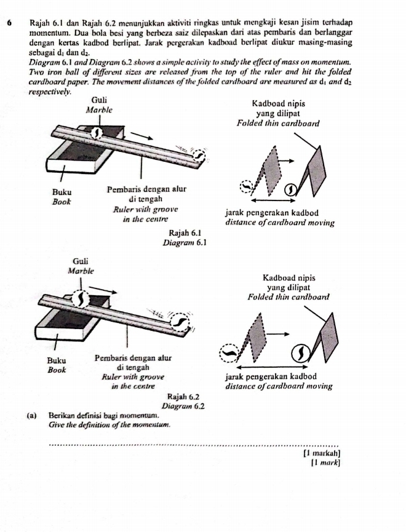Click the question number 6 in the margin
[13, 22]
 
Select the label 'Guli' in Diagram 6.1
[99, 100]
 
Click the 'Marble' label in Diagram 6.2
[79, 271]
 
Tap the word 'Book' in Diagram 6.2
[59, 370]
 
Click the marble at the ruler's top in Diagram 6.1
[97, 133]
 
